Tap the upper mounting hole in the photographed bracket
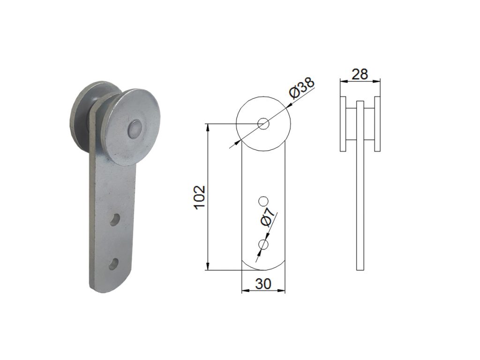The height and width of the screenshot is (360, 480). point(114,219)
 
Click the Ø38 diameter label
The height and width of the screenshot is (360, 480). point(302,88)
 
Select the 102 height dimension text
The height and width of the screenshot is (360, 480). point(199,197)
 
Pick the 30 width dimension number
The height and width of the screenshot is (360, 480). point(263,284)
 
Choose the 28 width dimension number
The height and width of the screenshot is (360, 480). point(360,74)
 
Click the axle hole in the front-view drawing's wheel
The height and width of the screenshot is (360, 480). point(263,124)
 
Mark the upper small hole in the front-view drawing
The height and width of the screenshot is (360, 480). point(263,201)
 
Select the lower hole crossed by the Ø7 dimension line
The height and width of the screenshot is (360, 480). point(263,245)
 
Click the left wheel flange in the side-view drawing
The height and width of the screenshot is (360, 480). point(343,124)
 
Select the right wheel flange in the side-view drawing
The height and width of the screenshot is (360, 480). point(377,124)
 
